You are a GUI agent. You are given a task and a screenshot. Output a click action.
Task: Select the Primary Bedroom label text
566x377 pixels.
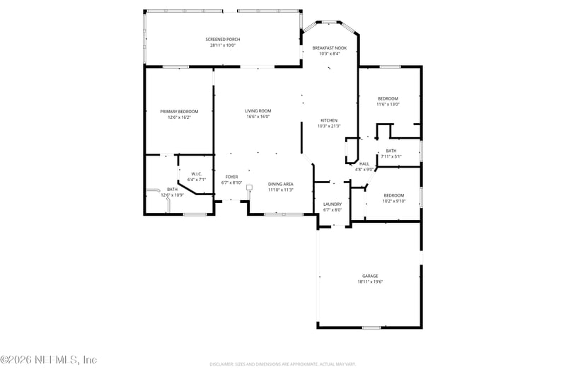tap(179, 111)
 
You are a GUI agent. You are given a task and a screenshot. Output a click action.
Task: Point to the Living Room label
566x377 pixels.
tap(258, 110)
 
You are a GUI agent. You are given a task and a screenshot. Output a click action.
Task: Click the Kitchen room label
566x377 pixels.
tap(329, 120)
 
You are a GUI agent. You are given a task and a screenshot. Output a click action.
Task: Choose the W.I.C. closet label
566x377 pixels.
tap(197, 174)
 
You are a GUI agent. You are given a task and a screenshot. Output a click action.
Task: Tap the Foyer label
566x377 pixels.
tap(232, 177)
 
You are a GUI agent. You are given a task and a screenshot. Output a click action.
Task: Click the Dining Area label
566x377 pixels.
tap(281, 184)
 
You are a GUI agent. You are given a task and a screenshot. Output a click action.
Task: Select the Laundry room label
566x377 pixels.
tap(333, 204)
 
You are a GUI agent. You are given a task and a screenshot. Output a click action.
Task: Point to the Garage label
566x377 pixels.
tap(370, 276)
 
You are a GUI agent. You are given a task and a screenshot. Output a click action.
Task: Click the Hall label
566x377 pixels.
tap(364, 163)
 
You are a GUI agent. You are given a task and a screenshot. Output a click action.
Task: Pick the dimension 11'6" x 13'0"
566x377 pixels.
tap(388, 104)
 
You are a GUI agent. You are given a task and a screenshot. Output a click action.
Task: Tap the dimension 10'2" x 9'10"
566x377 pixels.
tap(394, 201)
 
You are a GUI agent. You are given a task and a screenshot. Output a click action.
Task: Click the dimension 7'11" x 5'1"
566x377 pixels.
tap(391, 156)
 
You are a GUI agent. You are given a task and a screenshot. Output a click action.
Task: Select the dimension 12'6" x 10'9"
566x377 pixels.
tap(173, 195)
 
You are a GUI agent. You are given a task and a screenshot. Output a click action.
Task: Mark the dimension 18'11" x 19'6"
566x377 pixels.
tap(370, 282)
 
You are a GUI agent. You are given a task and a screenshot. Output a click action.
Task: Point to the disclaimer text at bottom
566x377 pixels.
tap(282, 364)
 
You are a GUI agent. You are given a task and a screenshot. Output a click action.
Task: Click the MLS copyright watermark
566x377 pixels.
tap(49, 359)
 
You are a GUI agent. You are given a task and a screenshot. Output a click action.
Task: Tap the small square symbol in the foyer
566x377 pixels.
tap(249, 188)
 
